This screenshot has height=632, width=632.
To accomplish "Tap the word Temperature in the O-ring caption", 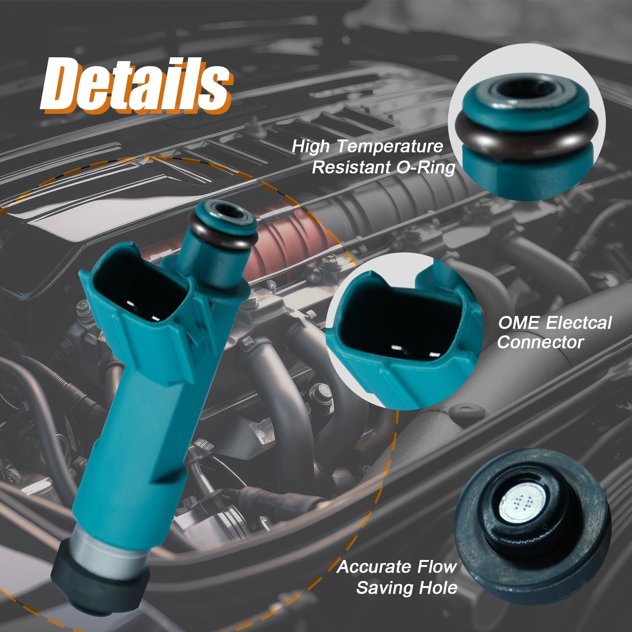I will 390,147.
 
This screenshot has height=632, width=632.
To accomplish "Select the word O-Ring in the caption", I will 426,168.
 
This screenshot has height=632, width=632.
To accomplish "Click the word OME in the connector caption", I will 518,323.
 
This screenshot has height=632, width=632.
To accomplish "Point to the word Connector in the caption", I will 540,342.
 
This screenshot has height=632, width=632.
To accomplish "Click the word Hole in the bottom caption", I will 442,587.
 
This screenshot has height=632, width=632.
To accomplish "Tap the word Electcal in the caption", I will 578,323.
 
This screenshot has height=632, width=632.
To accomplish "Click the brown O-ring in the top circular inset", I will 527,133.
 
